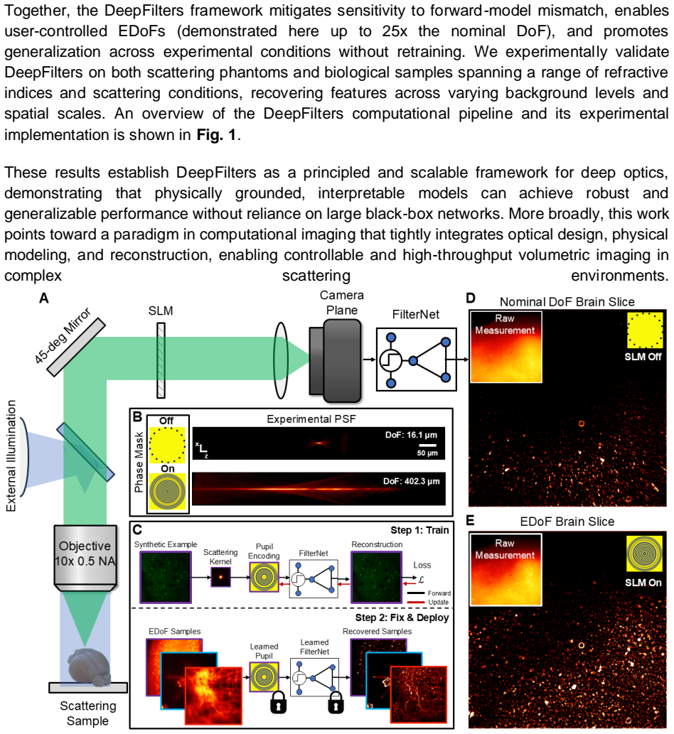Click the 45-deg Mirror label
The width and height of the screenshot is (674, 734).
63,335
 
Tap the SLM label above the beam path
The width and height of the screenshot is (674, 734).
161,311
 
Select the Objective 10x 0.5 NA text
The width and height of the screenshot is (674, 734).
85,554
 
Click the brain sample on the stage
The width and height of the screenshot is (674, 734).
90,666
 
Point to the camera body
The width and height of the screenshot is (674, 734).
336,360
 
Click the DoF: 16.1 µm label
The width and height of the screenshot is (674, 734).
411,435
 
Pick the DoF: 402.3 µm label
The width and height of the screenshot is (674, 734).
411,481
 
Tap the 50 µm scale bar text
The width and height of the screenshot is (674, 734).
427,453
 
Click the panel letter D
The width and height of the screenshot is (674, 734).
471,298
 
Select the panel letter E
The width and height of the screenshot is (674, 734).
470,521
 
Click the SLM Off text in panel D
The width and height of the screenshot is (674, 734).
643,357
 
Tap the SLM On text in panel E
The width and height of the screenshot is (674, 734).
643,583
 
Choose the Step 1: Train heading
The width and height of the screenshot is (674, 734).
419,530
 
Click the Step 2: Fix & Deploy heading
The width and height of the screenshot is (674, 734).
402,618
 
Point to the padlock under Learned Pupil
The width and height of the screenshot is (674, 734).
278,703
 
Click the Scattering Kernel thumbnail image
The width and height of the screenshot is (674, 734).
220,577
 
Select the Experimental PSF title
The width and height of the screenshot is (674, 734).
311,419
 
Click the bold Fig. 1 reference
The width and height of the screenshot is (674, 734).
216,135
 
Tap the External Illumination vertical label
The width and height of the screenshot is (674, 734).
11,455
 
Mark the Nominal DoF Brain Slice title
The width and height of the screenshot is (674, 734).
567,302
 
